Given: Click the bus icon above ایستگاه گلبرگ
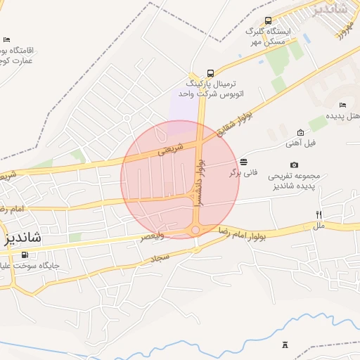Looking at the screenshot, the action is [x=268, y=21].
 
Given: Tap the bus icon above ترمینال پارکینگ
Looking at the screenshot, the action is [x=210, y=73].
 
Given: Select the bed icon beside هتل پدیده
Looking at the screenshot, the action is [x=342, y=105].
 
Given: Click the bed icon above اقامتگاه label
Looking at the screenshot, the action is [x=7, y=40].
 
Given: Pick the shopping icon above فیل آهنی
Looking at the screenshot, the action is [x=300, y=132].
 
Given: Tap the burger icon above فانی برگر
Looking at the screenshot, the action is [x=243, y=162].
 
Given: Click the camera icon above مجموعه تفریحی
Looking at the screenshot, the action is [x=294, y=165].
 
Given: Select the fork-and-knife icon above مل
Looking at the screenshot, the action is [x=319, y=214].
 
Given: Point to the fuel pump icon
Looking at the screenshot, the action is [x=26, y=255].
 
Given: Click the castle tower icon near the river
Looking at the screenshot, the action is [x=285, y=345].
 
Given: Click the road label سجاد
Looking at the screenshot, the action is [x=161, y=259].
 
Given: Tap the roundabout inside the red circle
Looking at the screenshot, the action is [x=196, y=230].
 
